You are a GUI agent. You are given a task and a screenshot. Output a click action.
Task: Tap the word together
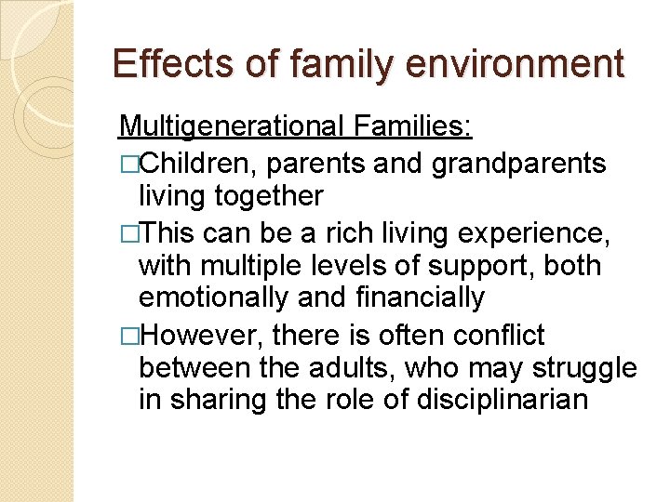[x=271, y=196]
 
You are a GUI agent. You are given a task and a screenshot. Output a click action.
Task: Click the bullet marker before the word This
[x=127, y=231]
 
